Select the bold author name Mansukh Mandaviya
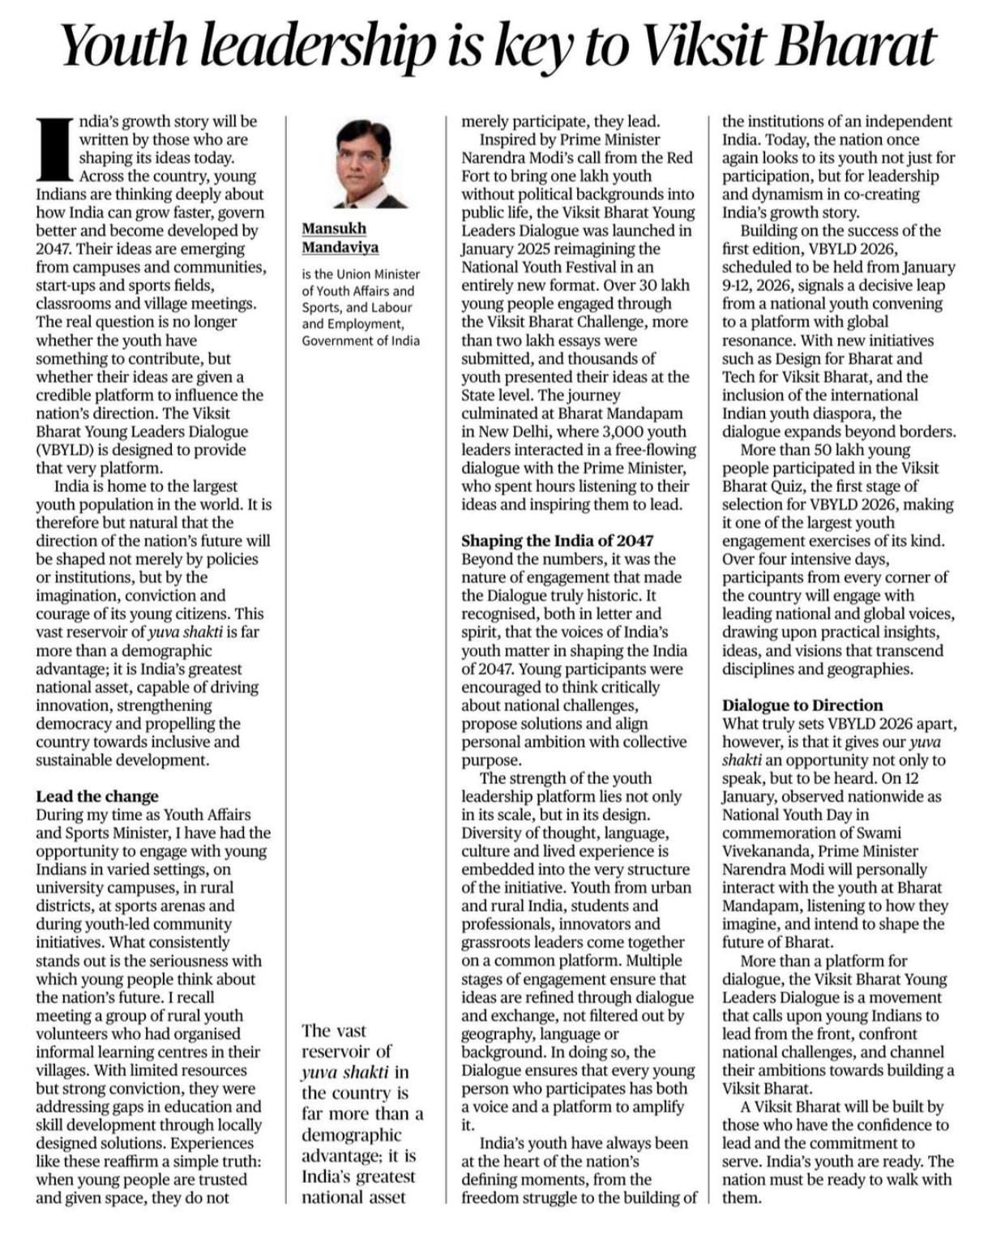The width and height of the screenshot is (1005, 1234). pos(340,238)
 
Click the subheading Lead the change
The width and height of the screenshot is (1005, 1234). pos(97,796)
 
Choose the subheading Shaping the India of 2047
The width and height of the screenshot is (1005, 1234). pos(557,541)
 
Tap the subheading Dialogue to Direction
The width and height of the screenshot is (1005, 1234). pos(802,705)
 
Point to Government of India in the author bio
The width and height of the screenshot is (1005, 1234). pos(361,341)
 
